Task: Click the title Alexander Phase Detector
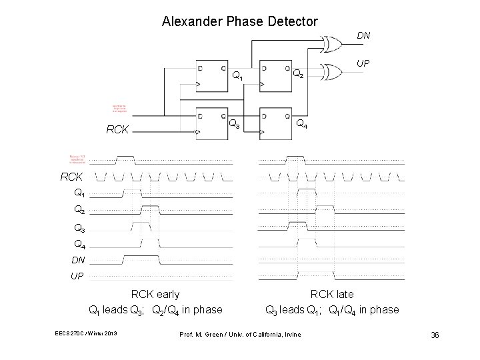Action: [x=240, y=21]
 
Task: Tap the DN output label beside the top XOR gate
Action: [x=363, y=34]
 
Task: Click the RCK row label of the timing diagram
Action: [x=72, y=178]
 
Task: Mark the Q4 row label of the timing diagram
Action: [x=79, y=244]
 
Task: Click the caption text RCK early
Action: [x=155, y=294]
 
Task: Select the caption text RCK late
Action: [x=332, y=294]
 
